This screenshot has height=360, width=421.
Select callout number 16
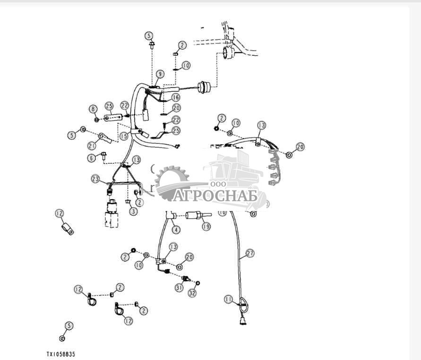tap(175, 97)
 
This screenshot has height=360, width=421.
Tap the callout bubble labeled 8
tap(93, 109)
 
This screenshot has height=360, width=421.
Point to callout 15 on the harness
tap(124, 136)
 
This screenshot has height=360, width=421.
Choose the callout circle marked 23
tap(96, 179)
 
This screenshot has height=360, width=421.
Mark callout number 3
tap(133, 211)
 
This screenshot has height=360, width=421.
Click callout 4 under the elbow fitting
tap(176, 230)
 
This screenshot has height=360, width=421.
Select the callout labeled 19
tap(206, 227)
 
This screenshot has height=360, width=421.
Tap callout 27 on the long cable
tap(250, 254)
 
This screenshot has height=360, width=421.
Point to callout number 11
tap(229, 299)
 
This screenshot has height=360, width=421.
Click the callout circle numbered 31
tap(179, 287)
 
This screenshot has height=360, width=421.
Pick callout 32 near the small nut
tap(192, 293)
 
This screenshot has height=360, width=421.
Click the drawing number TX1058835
tap(61, 354)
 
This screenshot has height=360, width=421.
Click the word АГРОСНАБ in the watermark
tap(215, 195)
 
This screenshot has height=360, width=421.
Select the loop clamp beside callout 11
tap(242, 303)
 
